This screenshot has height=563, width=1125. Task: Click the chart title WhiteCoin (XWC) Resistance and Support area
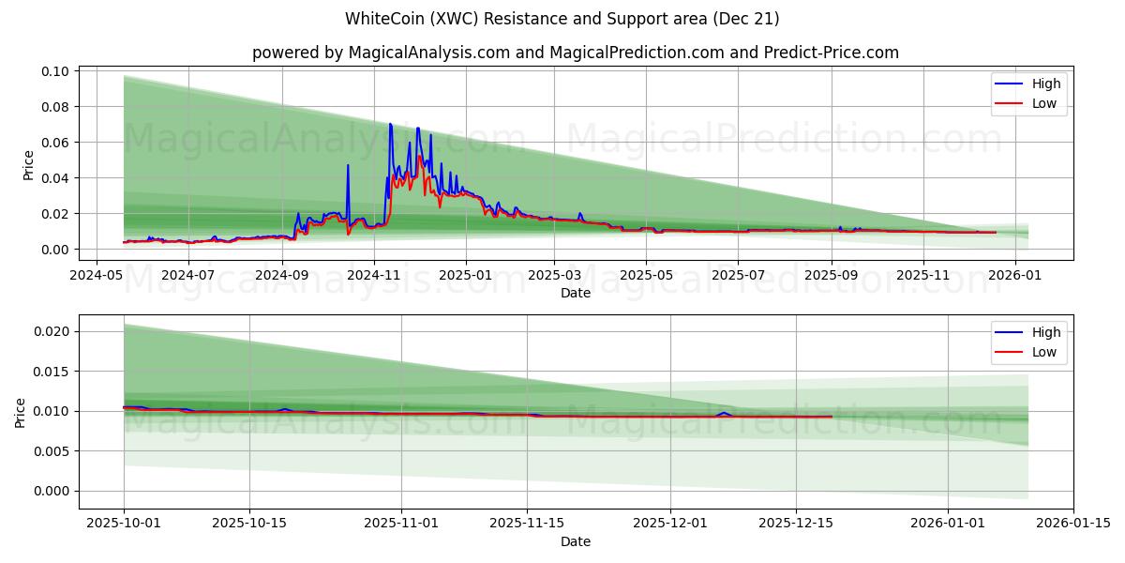[562, 19]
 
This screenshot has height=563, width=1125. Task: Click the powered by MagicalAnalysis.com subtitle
[575, 53]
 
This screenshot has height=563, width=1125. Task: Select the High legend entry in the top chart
[1045, 84]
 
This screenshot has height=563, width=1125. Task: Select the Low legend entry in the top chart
[1043, 103]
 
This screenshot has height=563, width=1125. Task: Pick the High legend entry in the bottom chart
[1045, 332]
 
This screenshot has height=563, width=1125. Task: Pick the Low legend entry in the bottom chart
[1043, 352]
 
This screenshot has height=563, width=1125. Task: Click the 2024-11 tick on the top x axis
[374, 275]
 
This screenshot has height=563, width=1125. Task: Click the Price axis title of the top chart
[28, 165]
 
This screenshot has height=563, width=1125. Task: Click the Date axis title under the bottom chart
[575, 541]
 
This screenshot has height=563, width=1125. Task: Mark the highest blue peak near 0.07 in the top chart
[390, 124]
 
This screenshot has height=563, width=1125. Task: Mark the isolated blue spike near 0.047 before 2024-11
[348, 166]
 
